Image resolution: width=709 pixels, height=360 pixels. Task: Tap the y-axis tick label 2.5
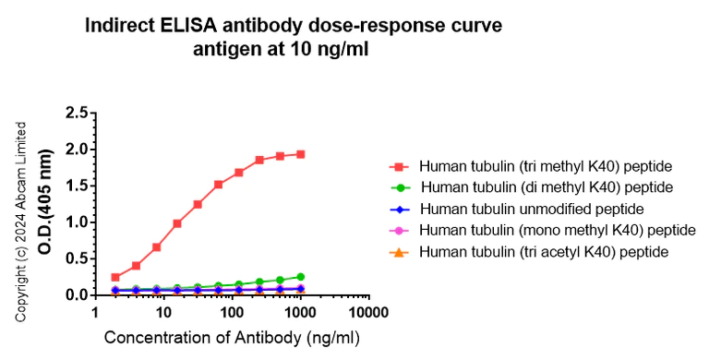pyautogui.click(x=77, y=114)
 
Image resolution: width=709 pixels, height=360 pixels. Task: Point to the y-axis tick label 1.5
pyautogui.click(x=77, y=186)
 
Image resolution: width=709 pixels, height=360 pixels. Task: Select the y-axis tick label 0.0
pyautogui.click(x=77, y=295)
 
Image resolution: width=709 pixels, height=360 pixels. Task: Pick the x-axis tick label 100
pyautogui.click(x=233, y=314)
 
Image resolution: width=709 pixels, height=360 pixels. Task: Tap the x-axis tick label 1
pyautogui.click(x=96, y=314)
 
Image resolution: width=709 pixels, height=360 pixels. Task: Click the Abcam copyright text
pyautogui.click(x=20, y=222)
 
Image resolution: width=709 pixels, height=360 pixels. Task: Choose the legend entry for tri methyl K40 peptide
pyautogui.click(x=545, y=167)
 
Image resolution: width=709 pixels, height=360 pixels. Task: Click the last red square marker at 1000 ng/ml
pyautogui.click(x=301, y=154)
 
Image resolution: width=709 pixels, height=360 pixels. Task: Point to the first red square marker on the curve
pyautogui.click(x=115, y=277)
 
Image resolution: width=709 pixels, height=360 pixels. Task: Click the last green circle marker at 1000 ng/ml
pyautogui.click(x=301, y=277)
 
